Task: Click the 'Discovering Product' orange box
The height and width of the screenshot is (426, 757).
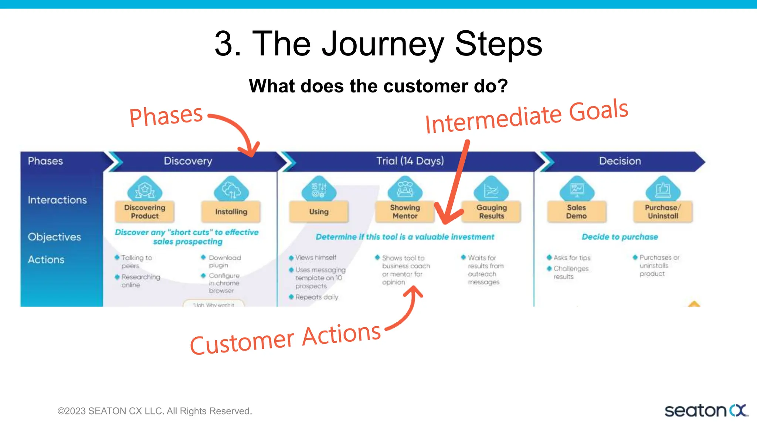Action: coord(145,212)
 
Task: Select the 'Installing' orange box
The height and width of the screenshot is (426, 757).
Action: coord(231,212)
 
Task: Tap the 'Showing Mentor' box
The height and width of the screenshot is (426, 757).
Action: coord(405,212)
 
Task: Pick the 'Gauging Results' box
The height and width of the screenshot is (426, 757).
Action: coord(491,212)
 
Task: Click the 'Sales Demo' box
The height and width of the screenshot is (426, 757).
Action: coord(576,212)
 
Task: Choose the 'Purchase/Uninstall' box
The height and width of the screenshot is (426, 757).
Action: coord(663,212)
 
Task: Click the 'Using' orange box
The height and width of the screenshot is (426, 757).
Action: coord(319,212)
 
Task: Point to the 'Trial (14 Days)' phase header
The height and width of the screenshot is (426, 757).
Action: coord(410,161)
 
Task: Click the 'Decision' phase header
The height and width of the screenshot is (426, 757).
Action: coord(620,161)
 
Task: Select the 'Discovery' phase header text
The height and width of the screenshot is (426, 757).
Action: coord(188,161)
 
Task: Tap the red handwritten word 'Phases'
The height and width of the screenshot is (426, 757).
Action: coord(166,116)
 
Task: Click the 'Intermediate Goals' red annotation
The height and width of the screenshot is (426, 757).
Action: coord(526,116)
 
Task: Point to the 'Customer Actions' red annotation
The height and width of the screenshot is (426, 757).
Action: coord(285,338)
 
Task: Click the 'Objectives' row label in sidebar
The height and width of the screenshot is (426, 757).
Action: coord(54,237)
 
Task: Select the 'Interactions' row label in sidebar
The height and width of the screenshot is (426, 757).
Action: coord(57,200)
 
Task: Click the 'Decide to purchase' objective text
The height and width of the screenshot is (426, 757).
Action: coord(620,237)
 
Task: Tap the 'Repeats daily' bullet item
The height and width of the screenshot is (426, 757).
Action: coord(316,297)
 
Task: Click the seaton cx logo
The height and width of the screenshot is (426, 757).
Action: coord(706,410)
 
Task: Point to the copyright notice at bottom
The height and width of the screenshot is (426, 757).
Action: coord(155,411)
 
